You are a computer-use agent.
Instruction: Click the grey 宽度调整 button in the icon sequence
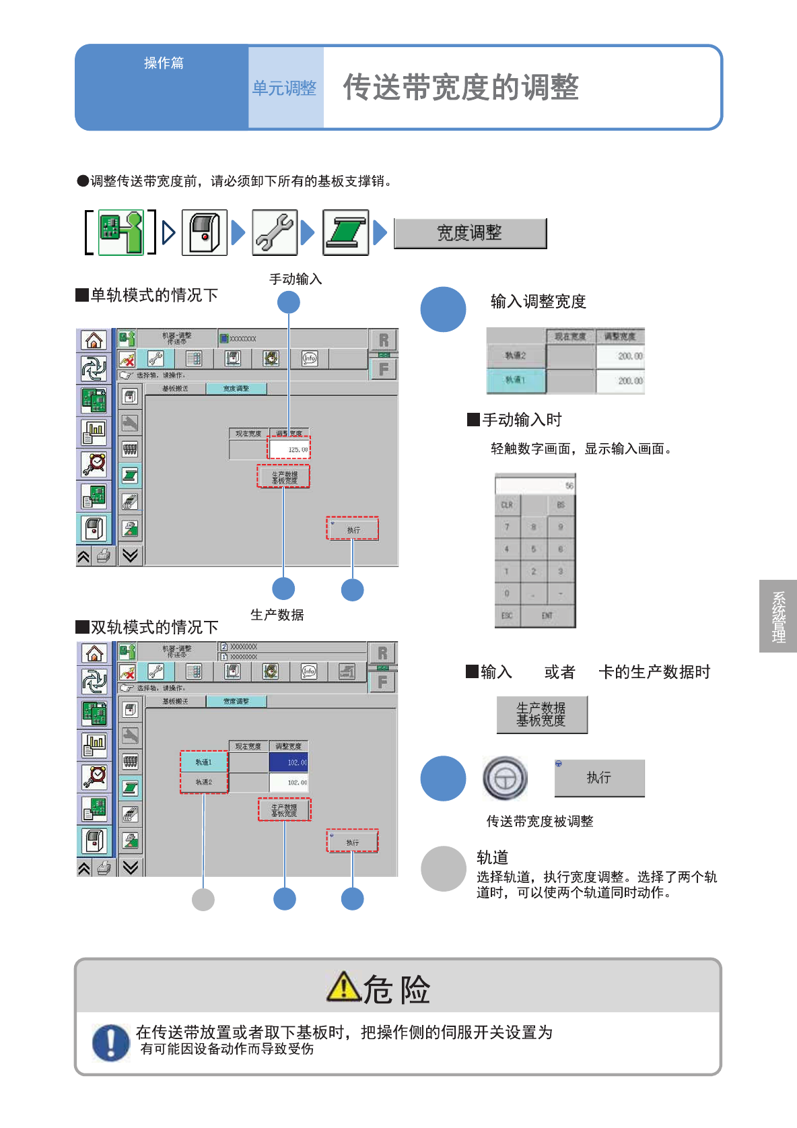[x=470, y=234]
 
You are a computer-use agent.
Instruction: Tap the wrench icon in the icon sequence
[x=275, y=233]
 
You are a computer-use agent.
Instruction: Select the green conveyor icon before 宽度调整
[x=345, y=233]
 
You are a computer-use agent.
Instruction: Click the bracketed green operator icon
[x=121, y=232]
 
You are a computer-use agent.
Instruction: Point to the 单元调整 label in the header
[x=284, y=88]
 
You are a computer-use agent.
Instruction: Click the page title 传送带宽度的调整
[x=461, y=88]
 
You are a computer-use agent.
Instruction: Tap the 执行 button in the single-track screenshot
[x=353, y=529]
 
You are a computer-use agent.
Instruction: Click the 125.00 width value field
[x=289, y=449]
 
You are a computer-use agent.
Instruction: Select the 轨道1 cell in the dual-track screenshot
[x=204, y=762]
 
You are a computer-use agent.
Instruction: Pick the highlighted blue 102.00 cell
[x=289, y=762]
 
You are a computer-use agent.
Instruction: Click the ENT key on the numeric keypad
[x=547, y=616]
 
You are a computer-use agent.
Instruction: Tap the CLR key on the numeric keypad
[x=508, y=505]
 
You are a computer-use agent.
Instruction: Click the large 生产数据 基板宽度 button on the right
[x=542, y=715]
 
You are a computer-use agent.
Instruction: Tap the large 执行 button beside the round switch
[x=599, y=778]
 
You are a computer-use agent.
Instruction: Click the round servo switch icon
[x=505, y=778]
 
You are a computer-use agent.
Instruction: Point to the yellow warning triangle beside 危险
[x=343, y=987]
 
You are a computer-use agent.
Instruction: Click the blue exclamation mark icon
[x=110, y=1042]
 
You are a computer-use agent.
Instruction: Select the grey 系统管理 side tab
[x=778, y=616]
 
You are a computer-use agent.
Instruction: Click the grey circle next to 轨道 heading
[x=443, y=869]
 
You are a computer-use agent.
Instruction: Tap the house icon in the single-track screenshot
[x=94, y=340]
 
